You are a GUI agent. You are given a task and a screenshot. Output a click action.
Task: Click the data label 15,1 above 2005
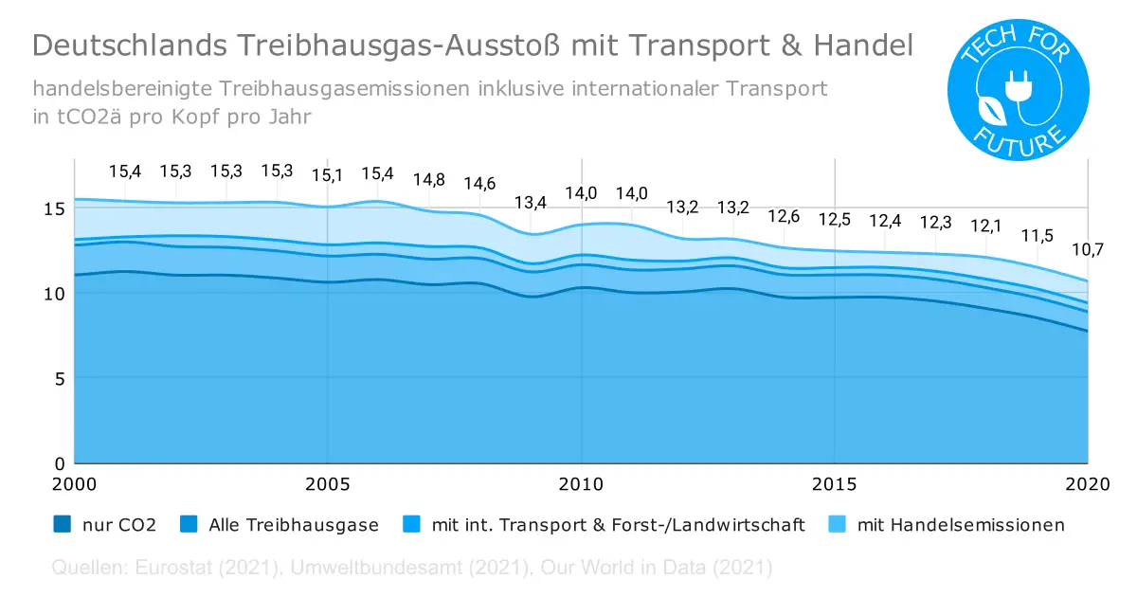(328, 175)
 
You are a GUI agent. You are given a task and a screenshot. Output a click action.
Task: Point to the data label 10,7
(1088, 251)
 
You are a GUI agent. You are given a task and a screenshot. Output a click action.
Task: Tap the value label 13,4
(531, 203)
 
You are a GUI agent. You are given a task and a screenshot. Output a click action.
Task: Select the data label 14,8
(429, 179)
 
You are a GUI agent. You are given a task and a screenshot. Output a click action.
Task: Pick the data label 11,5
(1037, 235)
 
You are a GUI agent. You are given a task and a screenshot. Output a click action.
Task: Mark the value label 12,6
(784, 216)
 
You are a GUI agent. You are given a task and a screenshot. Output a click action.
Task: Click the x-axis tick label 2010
(581, 484)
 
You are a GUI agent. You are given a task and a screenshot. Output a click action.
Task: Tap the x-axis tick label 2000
(74, 484)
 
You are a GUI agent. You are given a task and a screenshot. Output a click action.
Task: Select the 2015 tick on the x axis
(835, 484)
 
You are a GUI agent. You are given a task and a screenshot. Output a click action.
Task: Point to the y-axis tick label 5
(59, 378)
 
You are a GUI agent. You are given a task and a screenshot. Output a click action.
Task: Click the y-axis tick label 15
(54, 208)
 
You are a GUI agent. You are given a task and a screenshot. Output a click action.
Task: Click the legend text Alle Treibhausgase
(292, 524)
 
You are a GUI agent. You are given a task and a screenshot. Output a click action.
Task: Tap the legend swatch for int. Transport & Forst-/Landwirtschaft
(412, 524)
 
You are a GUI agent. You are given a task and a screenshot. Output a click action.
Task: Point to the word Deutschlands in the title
(117, 45)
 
